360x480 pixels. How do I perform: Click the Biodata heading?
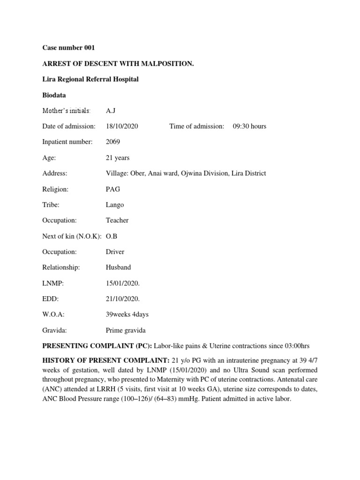(x=54, y=95)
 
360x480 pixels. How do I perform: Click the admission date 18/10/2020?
(x=122, y=126)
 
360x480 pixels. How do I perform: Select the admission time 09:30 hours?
(x=249, y=126)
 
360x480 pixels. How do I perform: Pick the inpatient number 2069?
(x=113, y=142)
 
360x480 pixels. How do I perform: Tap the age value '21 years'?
(x=118, y=157)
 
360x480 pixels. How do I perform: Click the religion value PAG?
(x=113, y=189)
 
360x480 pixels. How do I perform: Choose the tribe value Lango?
(x=115, y=205)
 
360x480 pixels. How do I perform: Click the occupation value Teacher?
(x=117, y=220)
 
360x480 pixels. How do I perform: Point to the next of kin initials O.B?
(x=112, y=236)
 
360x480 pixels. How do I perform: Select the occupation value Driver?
(x=115, y=252)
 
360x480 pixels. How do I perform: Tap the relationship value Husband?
(x=119, y=267)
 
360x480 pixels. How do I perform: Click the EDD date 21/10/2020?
(x=123, y=299)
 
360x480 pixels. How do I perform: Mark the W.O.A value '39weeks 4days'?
(x=127, y=315)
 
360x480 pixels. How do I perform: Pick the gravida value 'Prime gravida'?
(x=125, y=330)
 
